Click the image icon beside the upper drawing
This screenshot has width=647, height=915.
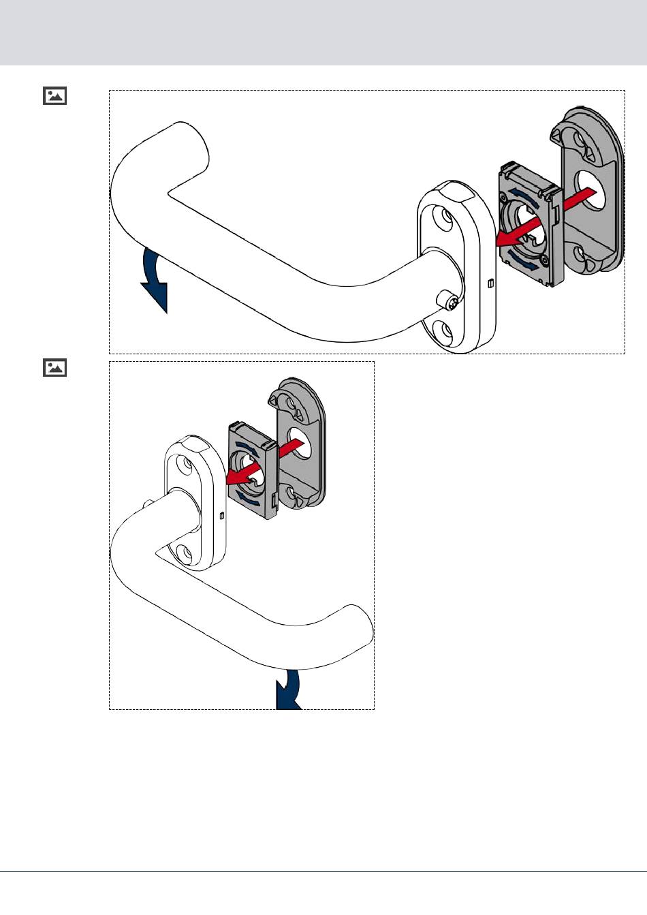pyautogui.click(x=55, y=95)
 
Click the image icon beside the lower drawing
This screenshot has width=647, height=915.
pyautogui.click(x=55, y=368)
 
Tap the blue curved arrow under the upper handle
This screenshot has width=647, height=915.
pyautogui.click(x=155, y=279)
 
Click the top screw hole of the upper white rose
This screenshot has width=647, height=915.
pyautogui.click(x=447, y=219)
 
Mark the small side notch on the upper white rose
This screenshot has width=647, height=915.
pyautogui.click(x=490, y=283)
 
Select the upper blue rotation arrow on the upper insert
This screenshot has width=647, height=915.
pyautogui.click(x=525, y=197)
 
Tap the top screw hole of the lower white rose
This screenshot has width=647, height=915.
pyautogui.click(x=184, y=465)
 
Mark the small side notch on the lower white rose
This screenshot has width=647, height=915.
pyautogui.click(x=222, y=516)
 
